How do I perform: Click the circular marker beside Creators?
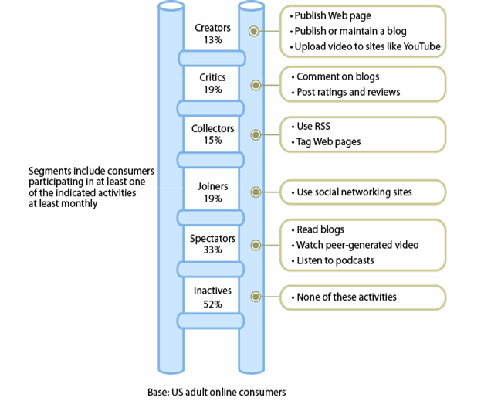[x=254, y=32]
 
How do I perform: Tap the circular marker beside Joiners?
[x=254, y=192]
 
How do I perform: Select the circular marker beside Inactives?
[x=254, y=297]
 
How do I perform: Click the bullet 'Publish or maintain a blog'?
[x=350, y=32]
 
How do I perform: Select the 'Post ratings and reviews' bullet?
[x=347, y=93]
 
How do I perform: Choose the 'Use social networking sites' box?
[x=361, y=192]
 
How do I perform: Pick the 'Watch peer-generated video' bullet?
[x=357, y=245]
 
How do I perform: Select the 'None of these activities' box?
[x=361, y=297]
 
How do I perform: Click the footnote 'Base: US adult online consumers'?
[x=216, y=392]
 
